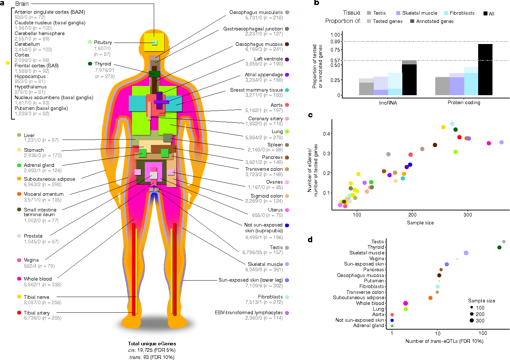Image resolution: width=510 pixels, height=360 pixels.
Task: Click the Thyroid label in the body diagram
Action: coord(103,64)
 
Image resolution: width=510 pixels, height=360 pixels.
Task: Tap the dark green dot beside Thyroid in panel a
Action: coord(90,64)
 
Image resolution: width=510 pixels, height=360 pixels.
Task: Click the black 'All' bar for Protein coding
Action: coord(485,70)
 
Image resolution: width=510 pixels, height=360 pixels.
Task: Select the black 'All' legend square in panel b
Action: coord(485,14)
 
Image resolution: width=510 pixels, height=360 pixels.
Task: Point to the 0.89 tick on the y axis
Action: coord(335,42)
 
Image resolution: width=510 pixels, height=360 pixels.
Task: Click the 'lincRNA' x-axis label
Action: coord(388,103)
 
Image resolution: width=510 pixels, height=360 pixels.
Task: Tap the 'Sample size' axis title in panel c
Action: coord(420,223)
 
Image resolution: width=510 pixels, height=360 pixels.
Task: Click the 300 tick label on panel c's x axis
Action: coord(467,215)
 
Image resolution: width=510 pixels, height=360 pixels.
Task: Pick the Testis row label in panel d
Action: coord(378,242)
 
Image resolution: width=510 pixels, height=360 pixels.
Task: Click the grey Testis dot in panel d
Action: coord(504,242)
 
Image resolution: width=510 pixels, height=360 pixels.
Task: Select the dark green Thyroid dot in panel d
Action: coord(499,247)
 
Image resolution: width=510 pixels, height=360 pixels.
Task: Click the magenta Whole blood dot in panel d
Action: coord(405,303)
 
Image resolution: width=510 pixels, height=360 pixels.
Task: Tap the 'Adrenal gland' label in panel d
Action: coord(369,326)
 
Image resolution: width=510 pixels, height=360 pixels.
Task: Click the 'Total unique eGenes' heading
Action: coord(152,344)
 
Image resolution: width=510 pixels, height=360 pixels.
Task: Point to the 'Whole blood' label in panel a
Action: coord(38,279)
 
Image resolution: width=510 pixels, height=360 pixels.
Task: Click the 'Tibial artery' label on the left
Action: coord(37,313)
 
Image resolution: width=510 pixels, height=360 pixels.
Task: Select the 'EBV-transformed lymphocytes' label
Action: coord(249,312)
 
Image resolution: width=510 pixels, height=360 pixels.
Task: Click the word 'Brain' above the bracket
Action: coord(22,4)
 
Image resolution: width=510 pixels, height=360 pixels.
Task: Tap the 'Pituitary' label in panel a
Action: coord(103,42)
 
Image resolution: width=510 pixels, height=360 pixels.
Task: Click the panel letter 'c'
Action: coord(310,115)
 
